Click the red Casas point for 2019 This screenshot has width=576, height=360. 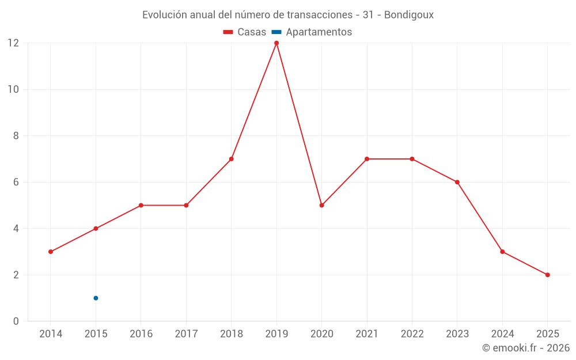click(x=276, y=43)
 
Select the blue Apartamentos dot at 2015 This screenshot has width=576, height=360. click(x=96, y=298)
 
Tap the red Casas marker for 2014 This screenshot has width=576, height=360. click(x=51, y=252)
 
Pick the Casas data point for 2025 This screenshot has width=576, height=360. click(x=547, y=275)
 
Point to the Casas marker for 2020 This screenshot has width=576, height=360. click(x=321, y=205)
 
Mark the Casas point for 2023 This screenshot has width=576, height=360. click(x=457, y=182)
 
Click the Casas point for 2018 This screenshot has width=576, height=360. click(x=231, y=159)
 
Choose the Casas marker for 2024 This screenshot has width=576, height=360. click(x=502, y=252)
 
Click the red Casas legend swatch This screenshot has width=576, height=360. click(x=228, y=32)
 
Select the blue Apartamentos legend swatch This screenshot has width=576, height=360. click(x=276, y=32)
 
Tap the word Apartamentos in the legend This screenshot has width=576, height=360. click(x=319, y=32)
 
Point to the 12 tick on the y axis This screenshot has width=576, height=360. click(x=13, y=43)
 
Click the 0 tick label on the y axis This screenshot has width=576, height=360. click(x=16, y=321)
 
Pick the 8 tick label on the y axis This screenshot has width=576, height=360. click(x=16, y=136)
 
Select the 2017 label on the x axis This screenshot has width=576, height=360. click(x=186, y=334)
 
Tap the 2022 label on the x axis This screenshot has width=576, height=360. click(x=412, y=334)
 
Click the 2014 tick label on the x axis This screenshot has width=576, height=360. click(x=51, y=334)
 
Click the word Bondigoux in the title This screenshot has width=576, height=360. click(x=408, y=15)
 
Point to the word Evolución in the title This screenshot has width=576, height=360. click(x=164, y=15)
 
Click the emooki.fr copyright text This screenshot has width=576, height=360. click(x=526, y=348)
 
